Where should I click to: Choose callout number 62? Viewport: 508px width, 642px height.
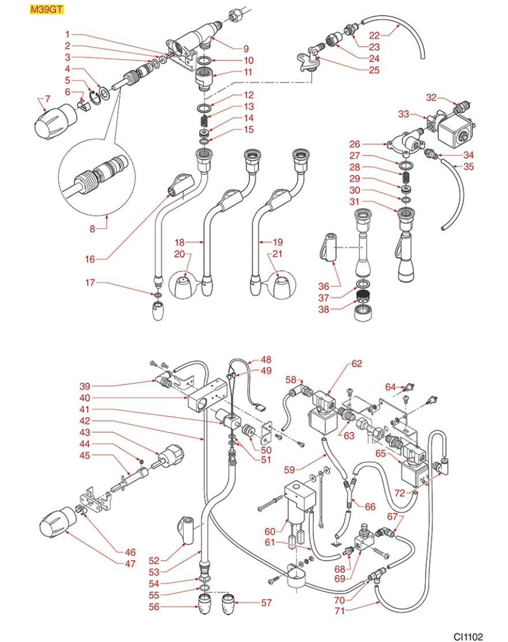(357, 364)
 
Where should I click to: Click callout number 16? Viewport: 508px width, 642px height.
(89, 260)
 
